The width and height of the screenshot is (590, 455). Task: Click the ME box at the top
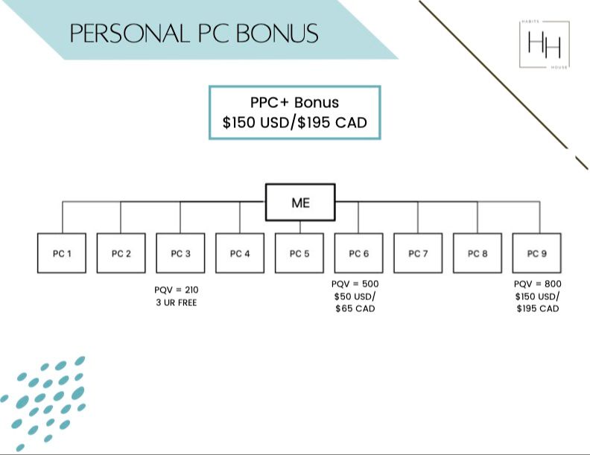(300, 202)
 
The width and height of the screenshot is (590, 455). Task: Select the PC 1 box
(62, 253)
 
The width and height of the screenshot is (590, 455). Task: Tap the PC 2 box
(121, 253)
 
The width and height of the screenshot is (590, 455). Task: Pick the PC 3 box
(180, 253)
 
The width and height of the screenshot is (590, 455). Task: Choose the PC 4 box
(240, 253)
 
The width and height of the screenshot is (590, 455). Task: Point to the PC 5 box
(299, 253)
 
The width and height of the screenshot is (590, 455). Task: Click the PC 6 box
(358, 253)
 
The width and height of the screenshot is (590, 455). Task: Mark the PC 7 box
(418, 253)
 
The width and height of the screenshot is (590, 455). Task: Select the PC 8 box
(478, 253)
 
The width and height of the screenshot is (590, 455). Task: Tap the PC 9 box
(537, 253)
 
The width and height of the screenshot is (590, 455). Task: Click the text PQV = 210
(177, 289)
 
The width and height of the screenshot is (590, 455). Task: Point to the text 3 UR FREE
(177, 302)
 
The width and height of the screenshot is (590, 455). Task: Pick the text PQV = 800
(538, 284)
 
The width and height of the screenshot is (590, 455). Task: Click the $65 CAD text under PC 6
(355, 308)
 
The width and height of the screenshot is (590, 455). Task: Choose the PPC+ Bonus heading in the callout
(294, 103)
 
